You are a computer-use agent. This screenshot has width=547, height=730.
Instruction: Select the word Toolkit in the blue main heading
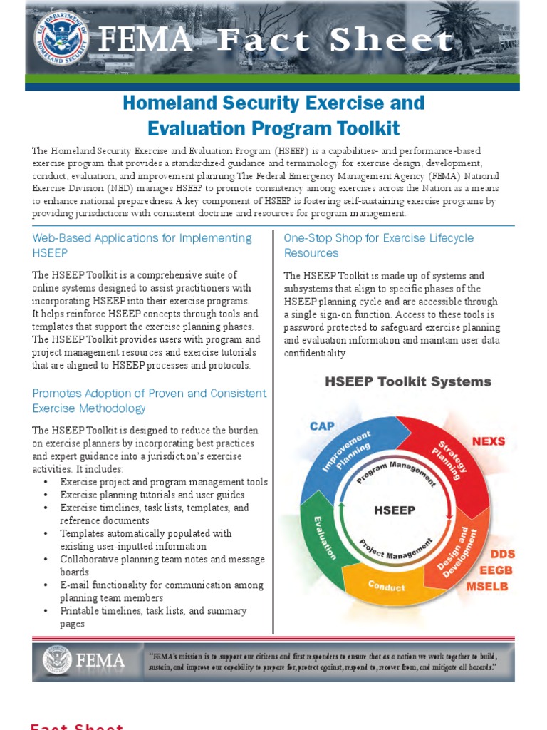tap(344, 128)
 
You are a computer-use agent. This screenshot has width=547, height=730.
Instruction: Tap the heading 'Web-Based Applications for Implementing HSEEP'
tap(142, 245)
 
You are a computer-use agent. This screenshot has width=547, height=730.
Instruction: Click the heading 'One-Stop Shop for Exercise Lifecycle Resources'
tap(378, 245)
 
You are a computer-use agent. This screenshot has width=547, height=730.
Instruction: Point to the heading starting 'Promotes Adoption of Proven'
tap(149, 401)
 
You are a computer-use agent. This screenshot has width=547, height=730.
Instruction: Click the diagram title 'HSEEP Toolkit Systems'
tap(407, 381)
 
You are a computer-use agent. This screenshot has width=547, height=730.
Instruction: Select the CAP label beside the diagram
tap(322, 426)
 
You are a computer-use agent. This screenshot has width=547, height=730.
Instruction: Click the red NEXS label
tap(488, 441)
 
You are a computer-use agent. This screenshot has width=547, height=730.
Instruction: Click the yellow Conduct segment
tap(386, 587)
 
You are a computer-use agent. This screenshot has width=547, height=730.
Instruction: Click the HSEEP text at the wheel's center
tap(394, 510)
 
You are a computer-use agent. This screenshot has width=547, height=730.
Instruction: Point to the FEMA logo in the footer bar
tap(84, 660)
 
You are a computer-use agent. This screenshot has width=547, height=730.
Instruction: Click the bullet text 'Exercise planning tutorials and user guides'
tap(152, 495)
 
